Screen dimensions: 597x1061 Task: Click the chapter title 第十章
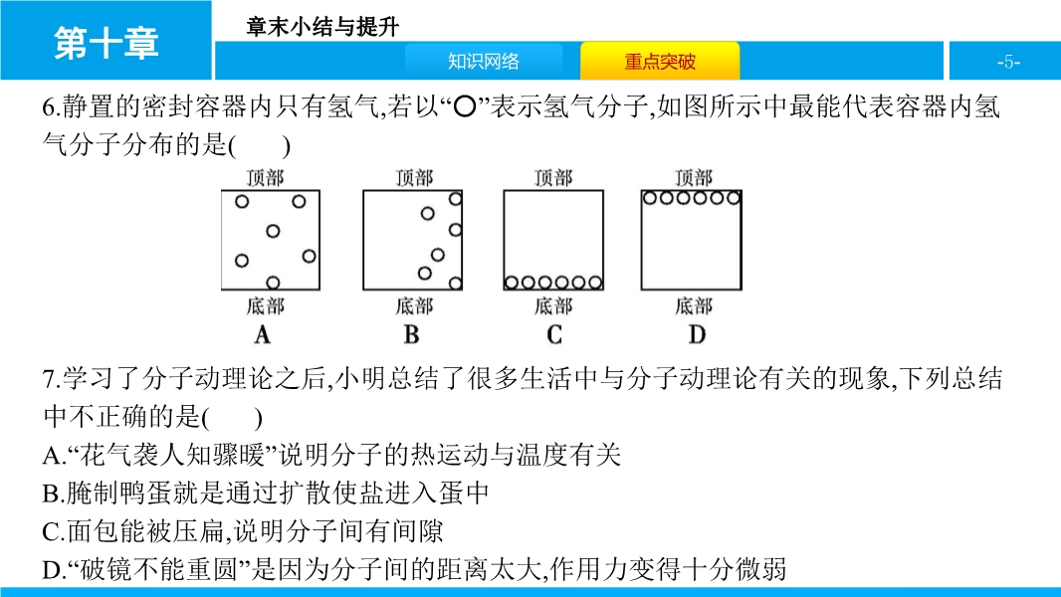(x=106, y=43)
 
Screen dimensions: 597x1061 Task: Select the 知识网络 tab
(x=483, y=62)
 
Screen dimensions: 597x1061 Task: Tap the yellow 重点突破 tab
(x=660, y=62)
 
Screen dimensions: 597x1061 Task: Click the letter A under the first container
(x=263, y=334)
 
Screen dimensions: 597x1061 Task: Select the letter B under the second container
(x=412, y=334)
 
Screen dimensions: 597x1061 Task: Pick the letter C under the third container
(x=554, y=334)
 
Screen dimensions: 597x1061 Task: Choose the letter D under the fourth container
(x=696, y=334)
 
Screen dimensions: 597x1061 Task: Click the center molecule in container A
(x=274, y=231)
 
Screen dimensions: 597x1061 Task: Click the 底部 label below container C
(x=553, y=305)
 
